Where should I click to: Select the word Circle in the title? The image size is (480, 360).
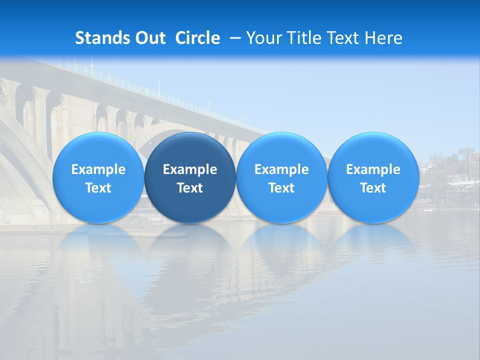(x=197, y=38)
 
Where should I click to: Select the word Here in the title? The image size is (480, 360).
(x=383, y=38)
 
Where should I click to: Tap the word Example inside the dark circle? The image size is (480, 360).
(x=190, y=170)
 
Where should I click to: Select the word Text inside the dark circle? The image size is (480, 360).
(x=190, y=188)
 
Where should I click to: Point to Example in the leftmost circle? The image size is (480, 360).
(x=98, y=170)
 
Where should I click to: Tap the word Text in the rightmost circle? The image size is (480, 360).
(x=373, y=188)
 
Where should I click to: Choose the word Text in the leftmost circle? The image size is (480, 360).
(x=98, y=188)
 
